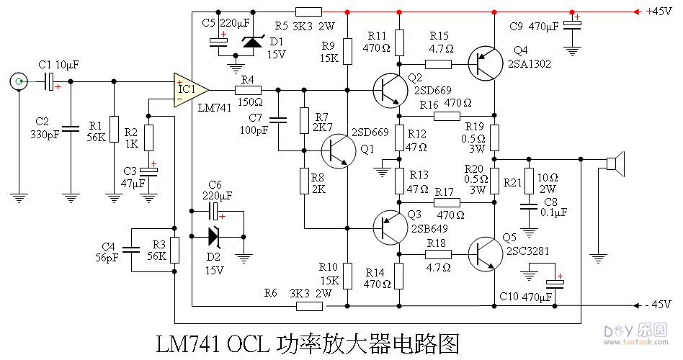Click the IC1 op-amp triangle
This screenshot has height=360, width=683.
coord(189,89)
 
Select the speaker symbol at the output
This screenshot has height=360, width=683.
coord(614,164)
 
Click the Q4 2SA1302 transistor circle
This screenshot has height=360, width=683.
coord(483,63)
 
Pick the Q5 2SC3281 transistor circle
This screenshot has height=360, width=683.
coord(483,254)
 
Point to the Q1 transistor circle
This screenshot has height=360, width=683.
coord(336,150)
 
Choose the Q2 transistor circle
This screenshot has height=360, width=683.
coord(390,90)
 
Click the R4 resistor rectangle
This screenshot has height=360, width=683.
coord(248,90)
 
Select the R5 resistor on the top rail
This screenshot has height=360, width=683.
coord(308,12)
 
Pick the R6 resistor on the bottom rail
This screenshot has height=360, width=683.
coord(309,305)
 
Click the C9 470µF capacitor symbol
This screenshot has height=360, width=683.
coord(573,26)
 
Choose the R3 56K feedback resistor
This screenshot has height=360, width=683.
coord(174,250)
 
